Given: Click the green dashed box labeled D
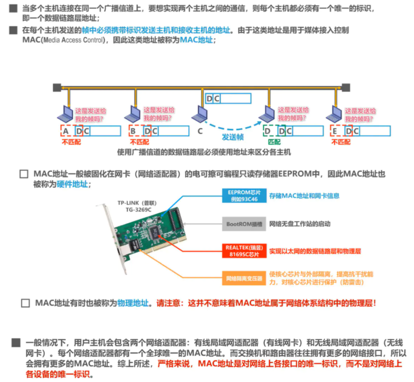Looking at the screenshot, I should (x=268, y=131).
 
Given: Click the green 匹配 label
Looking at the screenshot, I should (x=275, y=142).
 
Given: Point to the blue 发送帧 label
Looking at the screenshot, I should (x=233, y=137).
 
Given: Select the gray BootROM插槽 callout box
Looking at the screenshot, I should (x=244, y=224).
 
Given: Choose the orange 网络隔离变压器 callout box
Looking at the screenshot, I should (x=244, y=279).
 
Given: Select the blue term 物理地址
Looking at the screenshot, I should (x=133, y=303).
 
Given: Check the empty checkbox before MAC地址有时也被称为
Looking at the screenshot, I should (x=25, y=303).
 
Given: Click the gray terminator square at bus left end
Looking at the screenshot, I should (x=57, y=88).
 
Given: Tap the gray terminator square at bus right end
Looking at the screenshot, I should (x=346, y=88).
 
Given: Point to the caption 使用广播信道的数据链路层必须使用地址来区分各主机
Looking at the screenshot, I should (x=204, y=152).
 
